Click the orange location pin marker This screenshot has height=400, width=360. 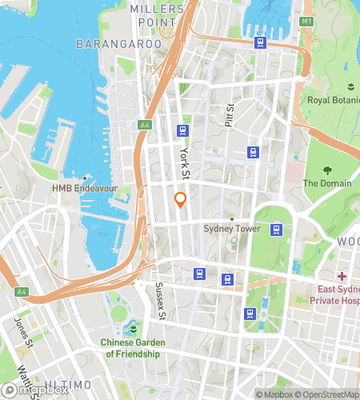point(181,199)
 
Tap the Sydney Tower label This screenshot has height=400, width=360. point(232,229)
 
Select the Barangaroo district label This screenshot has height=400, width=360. point(113,44)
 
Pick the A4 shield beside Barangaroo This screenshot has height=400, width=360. point(144,124)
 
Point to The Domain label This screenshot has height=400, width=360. point(326,183)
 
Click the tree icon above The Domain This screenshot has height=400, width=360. point(326,170)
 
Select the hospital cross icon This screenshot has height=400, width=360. point(341,276)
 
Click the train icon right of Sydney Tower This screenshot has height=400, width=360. point(276,230)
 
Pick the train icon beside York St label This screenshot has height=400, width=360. point(184,131)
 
